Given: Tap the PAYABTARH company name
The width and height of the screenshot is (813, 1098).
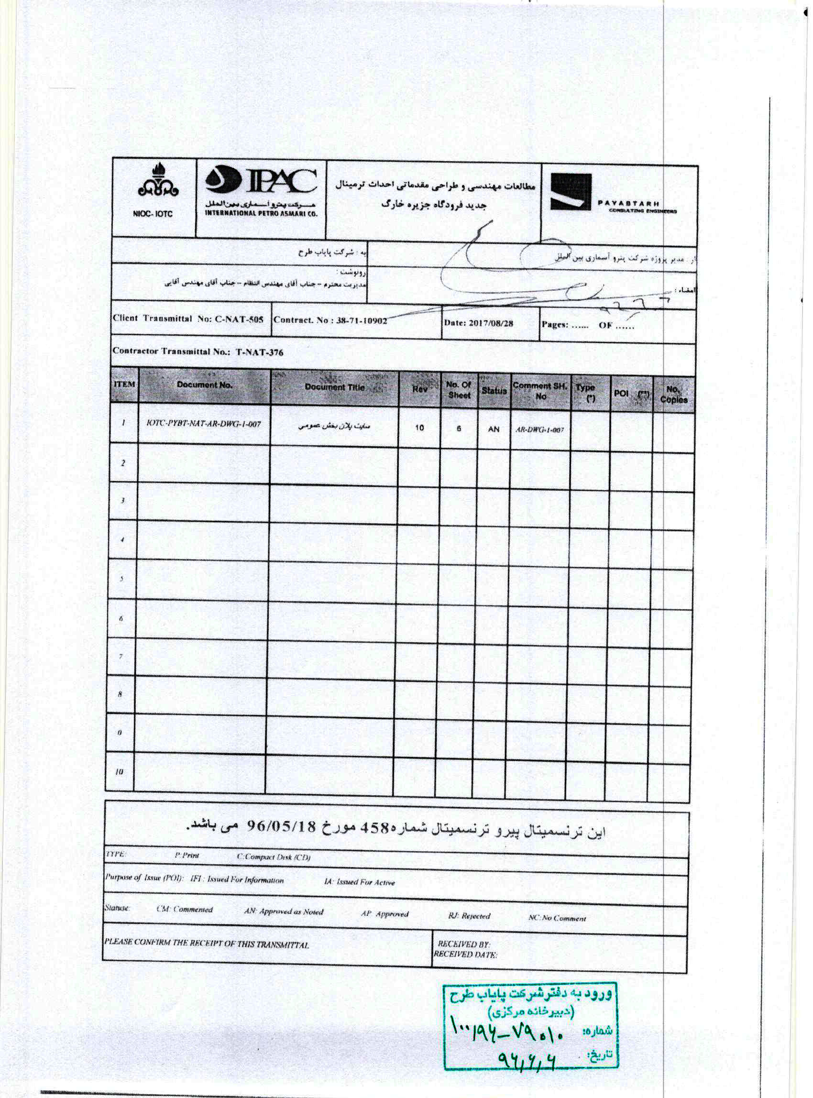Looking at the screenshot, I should (629, 203).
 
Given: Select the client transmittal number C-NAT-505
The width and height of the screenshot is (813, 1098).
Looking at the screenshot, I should (239, 319).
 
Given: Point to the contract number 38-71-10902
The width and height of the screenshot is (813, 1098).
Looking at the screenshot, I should (362, 321).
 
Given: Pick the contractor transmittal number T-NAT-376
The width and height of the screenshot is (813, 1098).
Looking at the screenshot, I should (259, 352).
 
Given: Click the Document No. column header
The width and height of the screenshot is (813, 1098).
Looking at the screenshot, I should (204, 385).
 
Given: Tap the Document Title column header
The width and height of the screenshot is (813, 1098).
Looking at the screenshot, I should (334, 387).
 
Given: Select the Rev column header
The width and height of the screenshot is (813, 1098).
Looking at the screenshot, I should (419, 389).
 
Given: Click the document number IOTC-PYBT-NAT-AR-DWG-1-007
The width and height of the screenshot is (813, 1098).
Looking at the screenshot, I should (204, 424).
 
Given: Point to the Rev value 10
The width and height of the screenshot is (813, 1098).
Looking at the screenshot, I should (419, 428).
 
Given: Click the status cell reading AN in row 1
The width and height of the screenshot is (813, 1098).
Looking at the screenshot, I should (494, 429).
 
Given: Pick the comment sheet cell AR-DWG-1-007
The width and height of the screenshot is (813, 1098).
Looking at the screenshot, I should (539, 429).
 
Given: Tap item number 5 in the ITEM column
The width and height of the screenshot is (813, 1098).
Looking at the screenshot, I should (121, 579).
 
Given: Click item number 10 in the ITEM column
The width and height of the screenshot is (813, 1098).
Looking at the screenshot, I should (119, 772).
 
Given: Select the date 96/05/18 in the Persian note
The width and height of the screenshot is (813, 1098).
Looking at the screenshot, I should (281, 827).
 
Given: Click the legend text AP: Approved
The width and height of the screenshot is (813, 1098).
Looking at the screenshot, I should (385, 914).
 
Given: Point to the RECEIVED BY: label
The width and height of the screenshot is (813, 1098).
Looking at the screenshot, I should (463, 944).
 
